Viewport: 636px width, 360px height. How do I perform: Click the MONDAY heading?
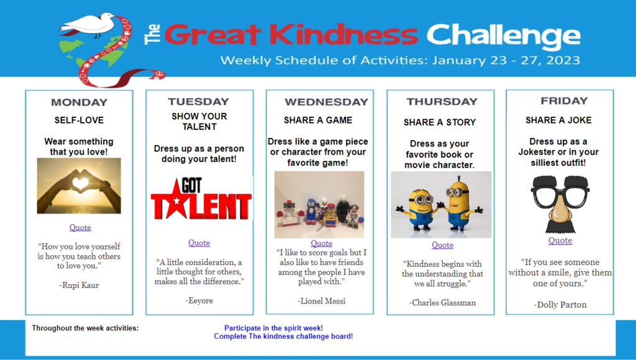[x=79, y=102]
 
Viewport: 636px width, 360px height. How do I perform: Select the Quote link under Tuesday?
[x=199, y=243]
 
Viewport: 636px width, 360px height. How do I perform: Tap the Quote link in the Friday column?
[x=560, y=240]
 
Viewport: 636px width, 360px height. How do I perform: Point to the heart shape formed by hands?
[x=80, y=183]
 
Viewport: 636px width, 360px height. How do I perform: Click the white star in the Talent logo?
[x=176, y=202]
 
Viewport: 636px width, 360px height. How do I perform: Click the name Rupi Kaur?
[x=79, y=285]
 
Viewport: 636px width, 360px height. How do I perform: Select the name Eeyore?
[x=199, y=300]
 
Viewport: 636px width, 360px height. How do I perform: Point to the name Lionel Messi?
[x=321, y=301]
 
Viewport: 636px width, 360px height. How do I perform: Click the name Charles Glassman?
[x=442, y=302]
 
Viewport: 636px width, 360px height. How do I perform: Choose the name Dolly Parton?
[x=560, y=305]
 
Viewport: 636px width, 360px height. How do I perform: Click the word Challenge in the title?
[x=503, y=35]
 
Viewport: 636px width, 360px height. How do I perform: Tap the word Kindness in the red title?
[x=343, y=35]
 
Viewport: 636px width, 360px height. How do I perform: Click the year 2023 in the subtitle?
[x=563, y=60]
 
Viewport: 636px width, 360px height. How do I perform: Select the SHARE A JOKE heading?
[x=558, y=120]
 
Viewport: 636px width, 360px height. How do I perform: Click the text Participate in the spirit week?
[x=274, y=328]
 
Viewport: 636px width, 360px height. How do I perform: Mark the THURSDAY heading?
[x=442, y=102]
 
